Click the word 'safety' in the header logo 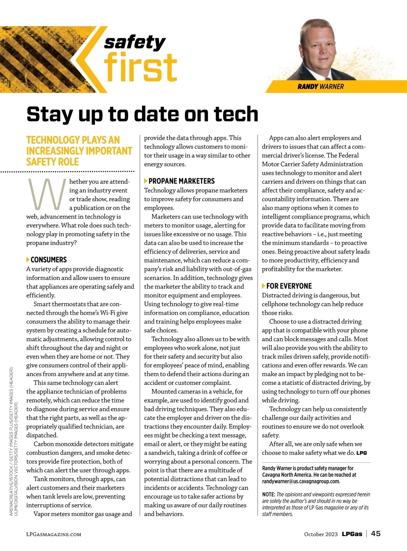tap(135, 43)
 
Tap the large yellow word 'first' tap(140, 68)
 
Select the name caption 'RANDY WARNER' tap(321, 87)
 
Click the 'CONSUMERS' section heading tap(49, 260)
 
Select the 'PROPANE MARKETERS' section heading tap(181, 181)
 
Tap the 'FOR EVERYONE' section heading tap(289, 286)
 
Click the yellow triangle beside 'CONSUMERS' tap(28, 260)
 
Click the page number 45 tap(376, 534)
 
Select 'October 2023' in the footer tap(321, 534)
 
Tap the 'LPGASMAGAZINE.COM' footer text tap(54, 534)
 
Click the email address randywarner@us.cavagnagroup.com tap(301, 482)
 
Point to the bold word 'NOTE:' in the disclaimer tap(269, 495)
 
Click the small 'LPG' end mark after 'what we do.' tap(362, 453)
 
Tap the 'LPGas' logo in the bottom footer tap(352, 534)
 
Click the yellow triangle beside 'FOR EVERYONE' tap(264, 286)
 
